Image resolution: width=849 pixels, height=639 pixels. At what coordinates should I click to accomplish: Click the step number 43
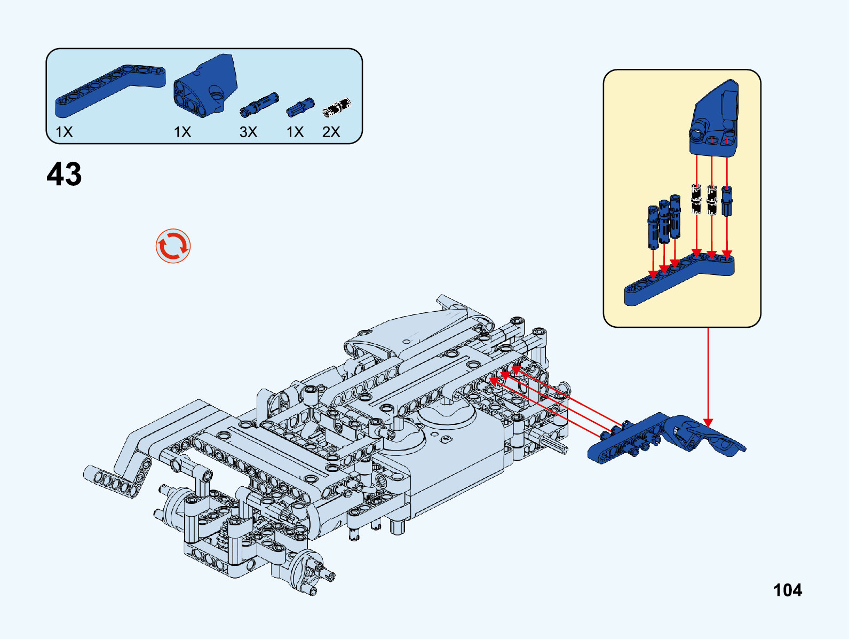tap(64, 174)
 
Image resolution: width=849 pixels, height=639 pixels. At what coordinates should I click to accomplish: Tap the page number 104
tap(787, 590)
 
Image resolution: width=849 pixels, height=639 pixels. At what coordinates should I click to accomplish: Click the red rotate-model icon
tap(173, 246)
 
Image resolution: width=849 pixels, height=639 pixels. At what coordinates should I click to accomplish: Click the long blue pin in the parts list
tap(259, 104)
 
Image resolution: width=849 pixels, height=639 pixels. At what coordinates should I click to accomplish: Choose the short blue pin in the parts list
tap(300, 107)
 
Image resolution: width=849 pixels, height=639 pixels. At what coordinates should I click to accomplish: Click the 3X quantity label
tap(248, 132)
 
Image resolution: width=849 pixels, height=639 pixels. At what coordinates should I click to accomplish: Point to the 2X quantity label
tap(331, 132)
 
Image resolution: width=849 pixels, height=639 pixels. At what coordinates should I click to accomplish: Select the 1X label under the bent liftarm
tap(64, 132)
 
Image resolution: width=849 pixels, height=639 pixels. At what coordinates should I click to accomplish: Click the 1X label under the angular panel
tap(182, 132)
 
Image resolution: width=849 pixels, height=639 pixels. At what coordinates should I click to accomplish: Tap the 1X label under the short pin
tap(295, 132)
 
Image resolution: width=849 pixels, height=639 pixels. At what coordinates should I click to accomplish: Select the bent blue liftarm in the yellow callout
tap(678, 280)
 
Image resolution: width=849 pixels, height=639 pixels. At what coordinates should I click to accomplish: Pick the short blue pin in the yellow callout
tap(727, 200)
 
